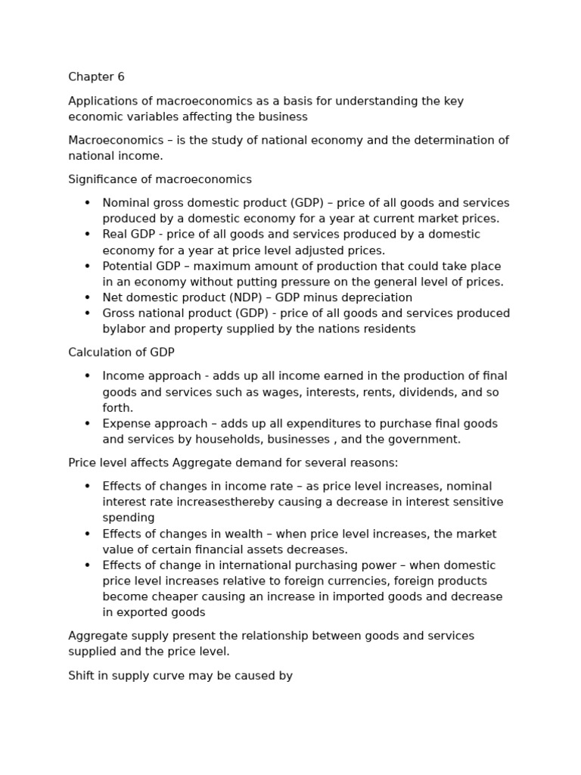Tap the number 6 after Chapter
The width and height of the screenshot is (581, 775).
(x=120, y=77)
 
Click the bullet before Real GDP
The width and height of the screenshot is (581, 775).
(x=87, y=235)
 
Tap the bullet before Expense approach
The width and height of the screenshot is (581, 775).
(x=87, y=424)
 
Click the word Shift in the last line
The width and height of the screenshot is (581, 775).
(x=82, y=675)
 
